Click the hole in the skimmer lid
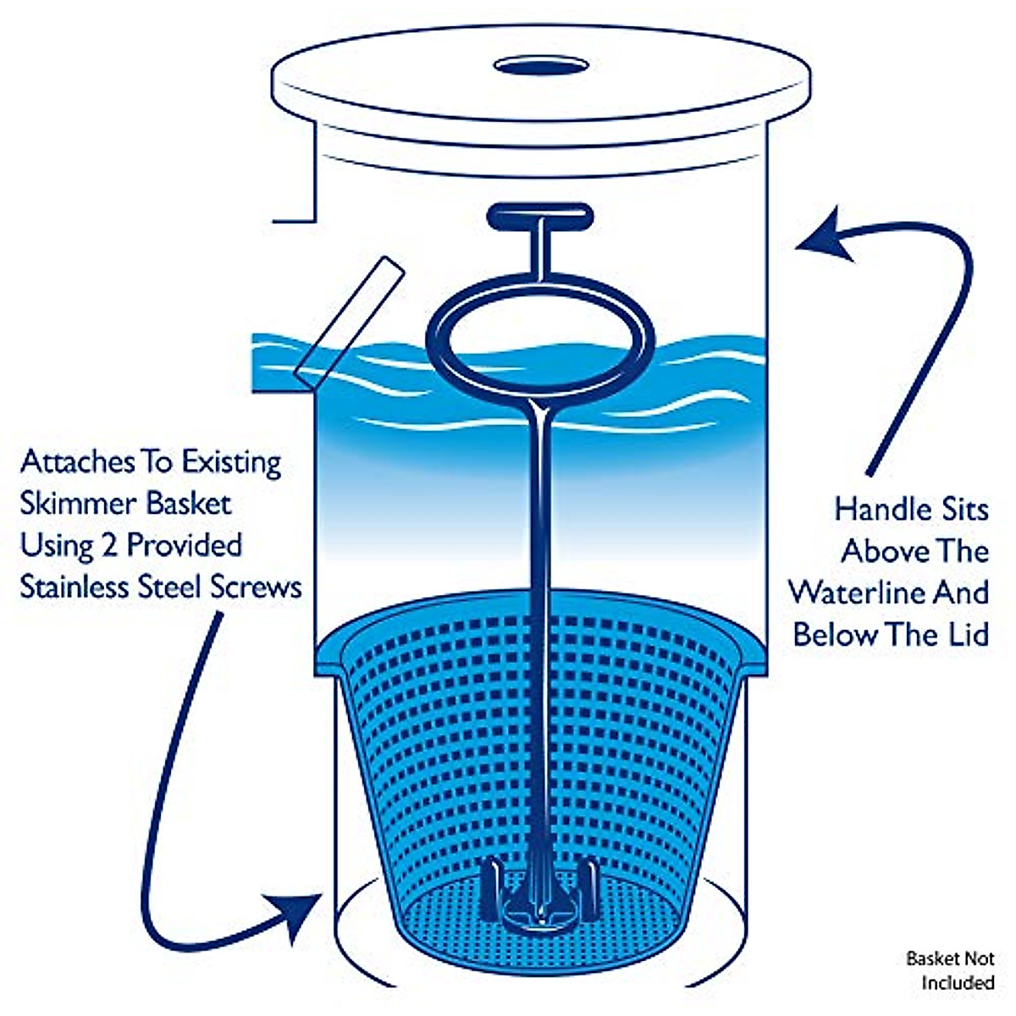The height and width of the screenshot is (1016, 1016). point(542,65)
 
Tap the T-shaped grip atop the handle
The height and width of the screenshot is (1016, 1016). point(537,215)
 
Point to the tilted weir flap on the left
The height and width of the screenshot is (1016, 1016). point(348,323)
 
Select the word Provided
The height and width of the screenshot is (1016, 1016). point(184,544)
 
